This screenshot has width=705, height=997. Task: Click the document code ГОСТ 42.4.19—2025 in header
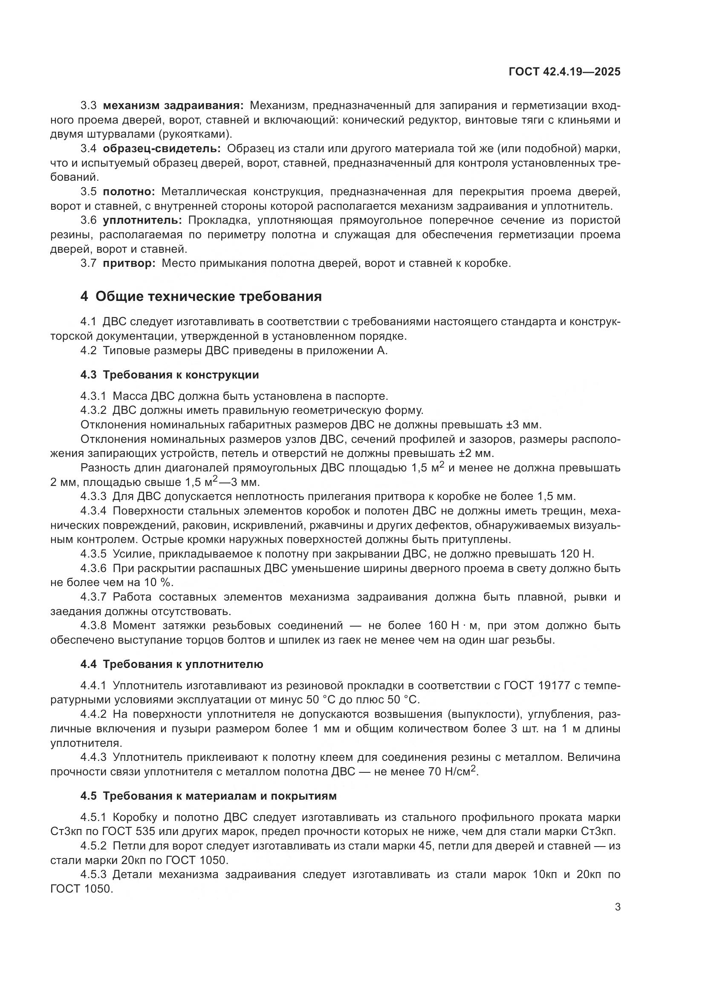[564, 72]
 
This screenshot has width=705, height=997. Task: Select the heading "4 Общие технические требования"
[201, 297]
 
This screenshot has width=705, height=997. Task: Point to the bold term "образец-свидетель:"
[162, 149]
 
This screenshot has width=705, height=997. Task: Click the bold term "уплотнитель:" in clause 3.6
[142, 221]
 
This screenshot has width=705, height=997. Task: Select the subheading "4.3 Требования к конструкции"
[170, 375]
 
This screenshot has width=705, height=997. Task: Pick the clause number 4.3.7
[93, 597]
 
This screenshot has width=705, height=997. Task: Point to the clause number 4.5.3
[93, 875]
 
